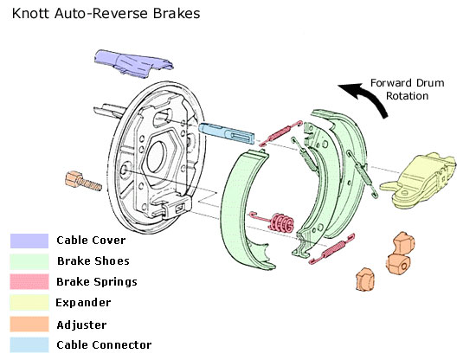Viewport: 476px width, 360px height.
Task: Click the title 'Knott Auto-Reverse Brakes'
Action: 106,14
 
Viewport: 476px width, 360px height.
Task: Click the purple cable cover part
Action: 132,63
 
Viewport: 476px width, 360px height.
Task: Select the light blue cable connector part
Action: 227,132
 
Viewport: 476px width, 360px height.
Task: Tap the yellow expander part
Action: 419,180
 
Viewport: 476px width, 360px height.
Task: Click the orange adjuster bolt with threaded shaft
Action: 83,181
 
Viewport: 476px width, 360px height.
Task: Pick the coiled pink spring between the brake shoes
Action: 273,222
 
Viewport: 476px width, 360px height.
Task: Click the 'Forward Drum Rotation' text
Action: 407,89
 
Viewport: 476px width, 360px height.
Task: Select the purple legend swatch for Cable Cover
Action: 29,241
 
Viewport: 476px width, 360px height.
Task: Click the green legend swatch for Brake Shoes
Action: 29,261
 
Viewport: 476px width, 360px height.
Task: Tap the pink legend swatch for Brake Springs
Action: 29,282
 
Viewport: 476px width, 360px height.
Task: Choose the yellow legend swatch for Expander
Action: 29,302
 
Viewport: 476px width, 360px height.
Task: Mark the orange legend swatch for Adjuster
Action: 29,325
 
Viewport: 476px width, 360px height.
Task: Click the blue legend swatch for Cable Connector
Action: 29,344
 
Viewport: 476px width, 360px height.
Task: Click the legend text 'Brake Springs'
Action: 97,282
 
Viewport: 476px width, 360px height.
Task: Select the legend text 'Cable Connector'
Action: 104,345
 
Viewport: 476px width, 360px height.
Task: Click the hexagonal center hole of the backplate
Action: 158,156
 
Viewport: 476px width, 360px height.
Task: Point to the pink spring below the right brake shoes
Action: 331,248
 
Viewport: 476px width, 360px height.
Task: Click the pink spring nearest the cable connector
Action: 280,132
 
